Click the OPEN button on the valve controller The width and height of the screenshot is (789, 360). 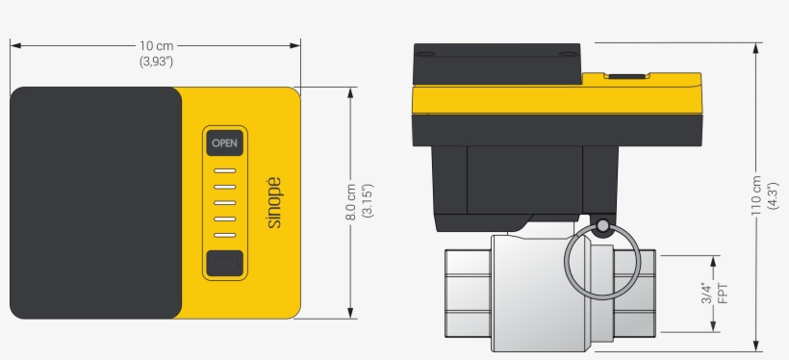224,143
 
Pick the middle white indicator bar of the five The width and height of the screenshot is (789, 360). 224,203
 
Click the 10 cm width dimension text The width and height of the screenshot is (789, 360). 157,46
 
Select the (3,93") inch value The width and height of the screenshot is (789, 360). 157,62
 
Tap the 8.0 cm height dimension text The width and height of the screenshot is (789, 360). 351,203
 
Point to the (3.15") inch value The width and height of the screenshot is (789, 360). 367,203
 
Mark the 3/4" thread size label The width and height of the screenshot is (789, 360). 707,293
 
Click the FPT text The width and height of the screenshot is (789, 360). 724,293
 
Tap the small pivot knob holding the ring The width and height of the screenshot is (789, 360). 602,227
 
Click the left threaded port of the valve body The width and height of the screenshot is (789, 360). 469,293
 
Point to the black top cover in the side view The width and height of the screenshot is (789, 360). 496,64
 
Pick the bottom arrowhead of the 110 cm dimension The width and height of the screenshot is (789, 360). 756,347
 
